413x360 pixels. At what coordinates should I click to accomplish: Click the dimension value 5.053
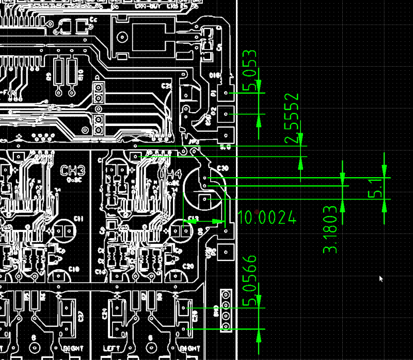tap(250, 70)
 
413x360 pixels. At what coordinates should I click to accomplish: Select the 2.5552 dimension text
tap(293, 119)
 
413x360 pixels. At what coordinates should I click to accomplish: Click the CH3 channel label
tap(73, 171)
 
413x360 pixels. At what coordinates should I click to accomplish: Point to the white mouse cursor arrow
tap(381, 278)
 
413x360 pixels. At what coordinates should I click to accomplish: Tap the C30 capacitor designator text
tap(223, 168)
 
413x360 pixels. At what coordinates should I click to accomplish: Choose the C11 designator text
tap(78, 219)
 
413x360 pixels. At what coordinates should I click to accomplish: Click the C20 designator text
tap(188, 267)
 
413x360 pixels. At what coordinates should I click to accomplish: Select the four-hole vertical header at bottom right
tap(226, 310)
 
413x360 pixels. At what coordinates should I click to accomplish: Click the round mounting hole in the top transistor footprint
tap(122, 37)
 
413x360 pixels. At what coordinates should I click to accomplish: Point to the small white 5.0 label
tap(225, 148)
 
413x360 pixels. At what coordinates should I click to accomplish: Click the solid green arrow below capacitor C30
tap(191, 221)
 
